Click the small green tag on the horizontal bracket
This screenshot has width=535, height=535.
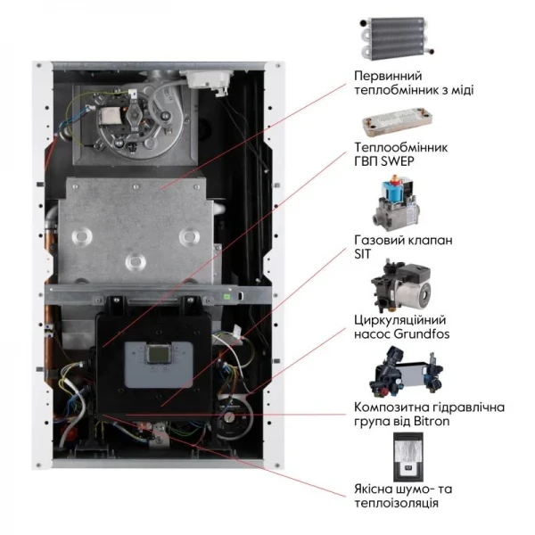click(x=231, y=292)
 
